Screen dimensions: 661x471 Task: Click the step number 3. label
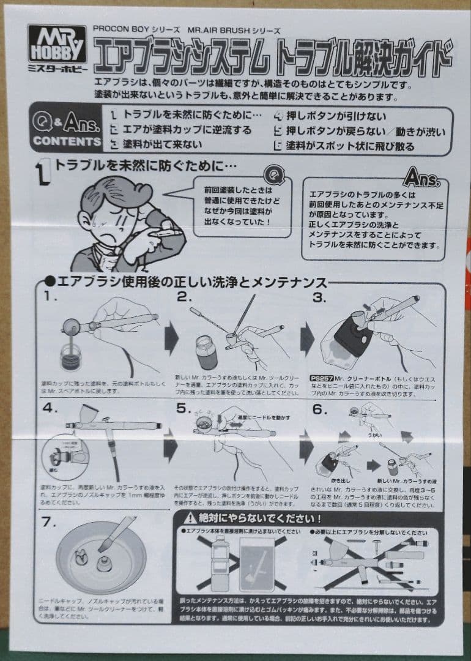point(320,297)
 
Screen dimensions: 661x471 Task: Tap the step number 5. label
point(185,409)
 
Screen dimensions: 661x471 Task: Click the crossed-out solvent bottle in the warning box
point(219,563)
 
